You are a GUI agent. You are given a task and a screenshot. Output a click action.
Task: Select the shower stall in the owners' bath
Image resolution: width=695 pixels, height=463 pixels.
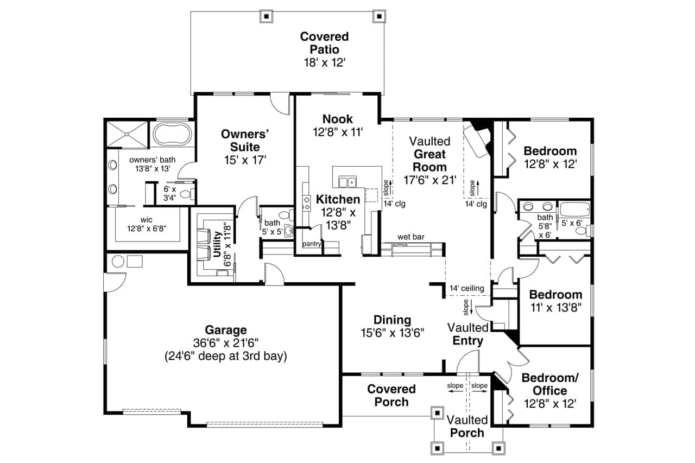[x=127, y=134]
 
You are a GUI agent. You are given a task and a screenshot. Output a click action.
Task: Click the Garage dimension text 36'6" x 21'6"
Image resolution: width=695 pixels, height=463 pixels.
[x=225, y=343]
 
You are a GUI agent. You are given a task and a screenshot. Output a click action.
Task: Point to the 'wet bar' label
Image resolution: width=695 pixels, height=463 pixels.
[x=410, y=237]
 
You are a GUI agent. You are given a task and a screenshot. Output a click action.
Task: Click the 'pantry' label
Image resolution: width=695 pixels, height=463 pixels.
[x=312, y=244]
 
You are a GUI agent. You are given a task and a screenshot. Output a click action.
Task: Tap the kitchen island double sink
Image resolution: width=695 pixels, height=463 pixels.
[x=345, y=181]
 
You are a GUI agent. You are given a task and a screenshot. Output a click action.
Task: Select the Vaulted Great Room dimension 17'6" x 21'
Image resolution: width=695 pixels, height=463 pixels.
[x=429, y=180]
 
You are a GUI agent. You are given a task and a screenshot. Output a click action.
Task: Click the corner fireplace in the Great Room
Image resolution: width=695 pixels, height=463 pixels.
[x=478, y=138]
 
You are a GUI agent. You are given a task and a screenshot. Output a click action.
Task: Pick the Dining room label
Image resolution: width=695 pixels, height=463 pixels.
[x=392, y=320]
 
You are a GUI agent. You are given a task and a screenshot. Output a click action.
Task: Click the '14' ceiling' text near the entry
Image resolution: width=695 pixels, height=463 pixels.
[x=466, y=288]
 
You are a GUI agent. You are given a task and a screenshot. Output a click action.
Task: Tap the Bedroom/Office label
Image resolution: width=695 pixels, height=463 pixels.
[x=549, y=384]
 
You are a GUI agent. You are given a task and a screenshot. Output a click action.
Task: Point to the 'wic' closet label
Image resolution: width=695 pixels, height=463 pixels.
[x=146, y=220]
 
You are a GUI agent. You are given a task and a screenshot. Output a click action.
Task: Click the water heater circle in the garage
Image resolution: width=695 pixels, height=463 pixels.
[x=117, y=262]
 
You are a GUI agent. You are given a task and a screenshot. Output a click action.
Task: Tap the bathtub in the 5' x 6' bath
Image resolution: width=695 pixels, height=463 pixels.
[x=575, y=211]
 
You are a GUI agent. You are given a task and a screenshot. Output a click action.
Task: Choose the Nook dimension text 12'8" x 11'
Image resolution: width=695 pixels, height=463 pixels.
[x=337, y=132]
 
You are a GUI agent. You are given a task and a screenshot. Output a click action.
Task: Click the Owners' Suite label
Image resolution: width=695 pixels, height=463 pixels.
[x=245, y=140]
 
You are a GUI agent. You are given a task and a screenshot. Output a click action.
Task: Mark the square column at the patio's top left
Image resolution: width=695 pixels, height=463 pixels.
[x=266, y=16]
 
